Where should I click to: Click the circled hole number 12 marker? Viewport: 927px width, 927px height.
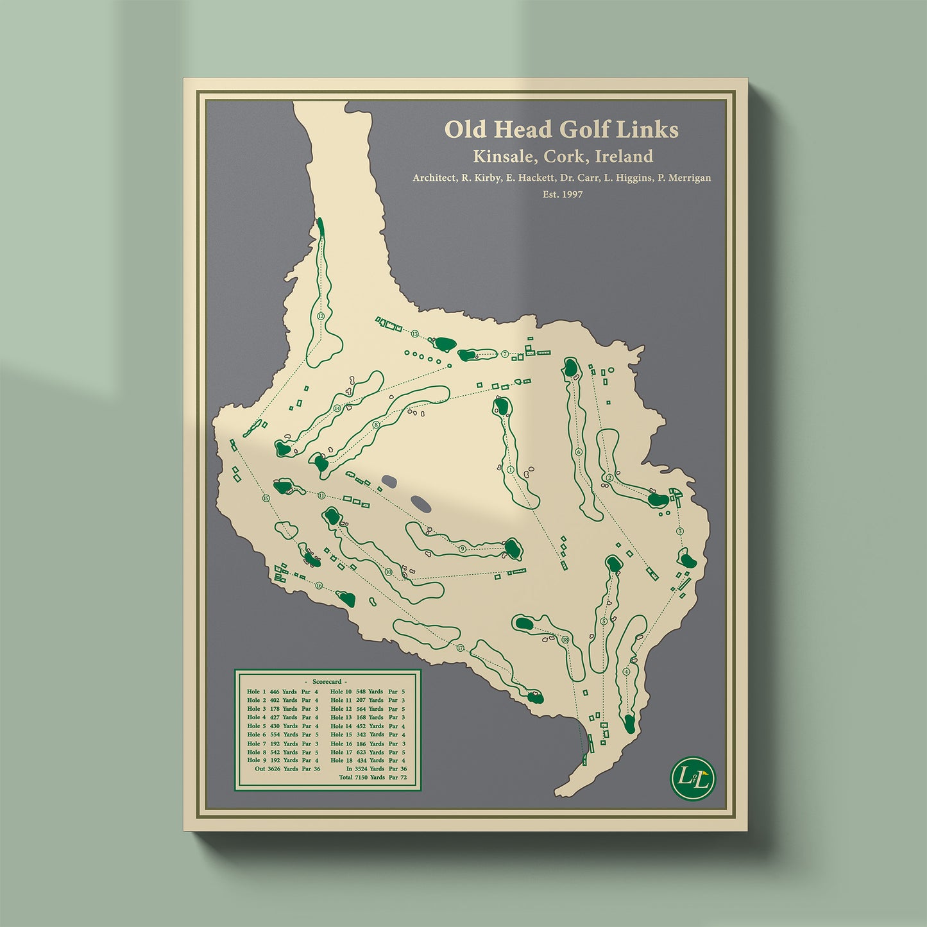click(320, 316)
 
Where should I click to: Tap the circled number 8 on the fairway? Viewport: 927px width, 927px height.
click(377, 424)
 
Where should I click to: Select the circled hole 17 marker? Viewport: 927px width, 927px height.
click(460, 648)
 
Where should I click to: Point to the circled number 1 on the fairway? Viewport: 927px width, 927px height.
click(511, 470)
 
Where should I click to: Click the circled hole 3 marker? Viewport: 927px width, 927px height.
click(679, 531)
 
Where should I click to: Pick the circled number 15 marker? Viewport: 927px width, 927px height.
click(265, 498)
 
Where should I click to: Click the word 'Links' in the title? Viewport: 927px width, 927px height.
click(647, 130)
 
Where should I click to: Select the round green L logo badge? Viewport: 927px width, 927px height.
click(693, 778)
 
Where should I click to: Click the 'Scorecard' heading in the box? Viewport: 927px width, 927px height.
click(327, 681)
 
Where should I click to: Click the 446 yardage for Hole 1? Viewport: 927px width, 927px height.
click(275, 692)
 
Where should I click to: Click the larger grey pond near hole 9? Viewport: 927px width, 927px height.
click(421, 503)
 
